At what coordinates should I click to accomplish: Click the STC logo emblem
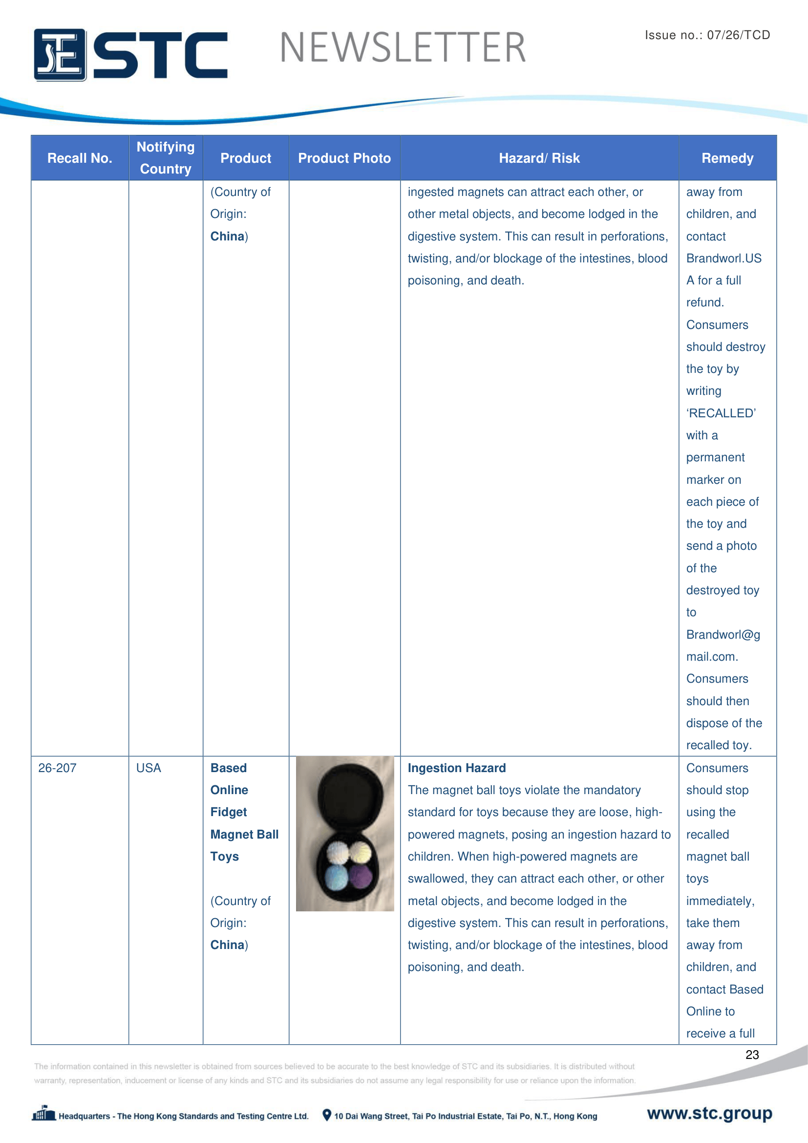tap(60, 54)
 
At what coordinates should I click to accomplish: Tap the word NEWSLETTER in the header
tap(403, 48)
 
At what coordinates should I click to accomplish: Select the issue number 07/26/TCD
tap(738, 35)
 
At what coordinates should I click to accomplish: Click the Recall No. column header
tap(80, 158)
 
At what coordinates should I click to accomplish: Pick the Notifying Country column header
tap(166, 158)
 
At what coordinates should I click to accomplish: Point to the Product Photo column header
tap(344, 158)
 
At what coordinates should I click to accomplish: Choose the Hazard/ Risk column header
tap(539, 158)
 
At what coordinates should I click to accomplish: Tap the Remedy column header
tap(727, 158)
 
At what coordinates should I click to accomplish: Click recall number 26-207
tap(57, 768)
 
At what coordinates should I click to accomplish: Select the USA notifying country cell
tap(149, 768)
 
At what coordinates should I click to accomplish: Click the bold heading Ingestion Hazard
tap(456, 768)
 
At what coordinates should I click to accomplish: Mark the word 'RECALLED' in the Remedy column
tap(721, 413)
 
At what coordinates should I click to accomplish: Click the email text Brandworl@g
tap(723, 635)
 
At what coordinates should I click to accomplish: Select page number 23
tap(752, 1055)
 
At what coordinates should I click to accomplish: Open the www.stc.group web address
tap(709, 1113)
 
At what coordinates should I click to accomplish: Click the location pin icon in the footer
tap(326, 1115)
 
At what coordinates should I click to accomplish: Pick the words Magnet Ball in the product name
tap(244, 834)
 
